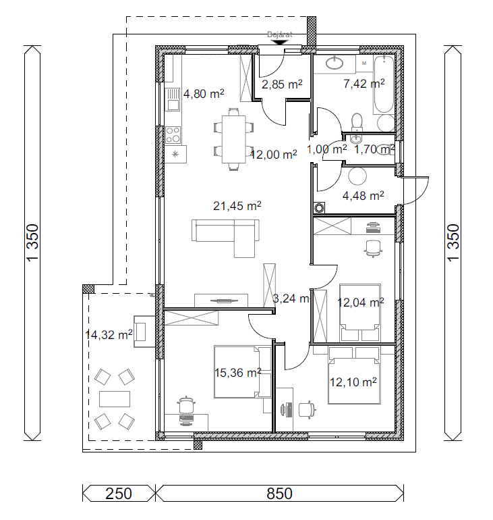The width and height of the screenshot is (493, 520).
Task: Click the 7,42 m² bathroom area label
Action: [364, 83]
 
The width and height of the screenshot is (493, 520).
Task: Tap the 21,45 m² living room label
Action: [237, 206]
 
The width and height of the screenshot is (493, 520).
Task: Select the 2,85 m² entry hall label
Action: [282, 84]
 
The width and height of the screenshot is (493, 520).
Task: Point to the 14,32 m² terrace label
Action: [109, 334]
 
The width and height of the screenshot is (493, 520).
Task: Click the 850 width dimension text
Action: [279, 494]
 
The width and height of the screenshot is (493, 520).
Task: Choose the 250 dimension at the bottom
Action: [119, 494]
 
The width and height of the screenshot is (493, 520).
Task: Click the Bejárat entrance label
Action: [280, 34]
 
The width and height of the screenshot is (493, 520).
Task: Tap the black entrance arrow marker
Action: [280, 43]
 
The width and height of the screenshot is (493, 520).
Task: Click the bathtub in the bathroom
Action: [384, 84]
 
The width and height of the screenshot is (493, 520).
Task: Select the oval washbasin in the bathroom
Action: [335, 62]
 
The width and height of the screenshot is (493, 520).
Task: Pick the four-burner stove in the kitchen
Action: [173, 135]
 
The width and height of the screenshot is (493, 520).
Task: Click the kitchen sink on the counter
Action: [172, 99]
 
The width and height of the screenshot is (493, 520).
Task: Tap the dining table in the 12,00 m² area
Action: [233, 139]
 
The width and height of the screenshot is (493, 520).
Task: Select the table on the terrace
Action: [115, 398]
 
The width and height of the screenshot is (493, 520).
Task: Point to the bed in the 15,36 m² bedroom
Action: [242, 371]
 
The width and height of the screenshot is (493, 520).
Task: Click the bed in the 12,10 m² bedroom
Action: [354, 375]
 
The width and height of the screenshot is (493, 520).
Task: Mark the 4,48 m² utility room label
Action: [364, 196]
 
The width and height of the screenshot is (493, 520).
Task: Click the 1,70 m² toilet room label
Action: [374, 149]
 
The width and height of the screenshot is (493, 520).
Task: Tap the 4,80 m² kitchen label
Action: [204, 93]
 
